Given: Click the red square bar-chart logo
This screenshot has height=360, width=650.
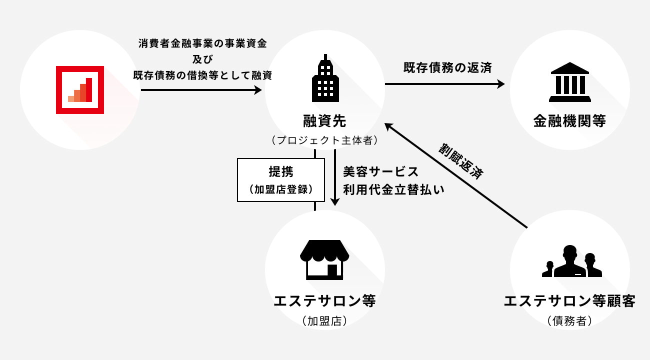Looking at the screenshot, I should [x=80, y=90].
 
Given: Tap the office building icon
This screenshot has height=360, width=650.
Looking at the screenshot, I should [x=324, y=77].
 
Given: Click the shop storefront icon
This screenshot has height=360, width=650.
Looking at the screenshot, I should [x=324, y=259].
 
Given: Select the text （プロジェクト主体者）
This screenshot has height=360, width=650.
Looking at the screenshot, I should [x=324, y=140].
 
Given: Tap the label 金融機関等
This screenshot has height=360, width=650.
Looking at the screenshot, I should [x=569, y=121].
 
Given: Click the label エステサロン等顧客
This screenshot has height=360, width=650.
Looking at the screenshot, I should [x=569, y=301].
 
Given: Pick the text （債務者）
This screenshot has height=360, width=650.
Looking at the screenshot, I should [x=569, y=321].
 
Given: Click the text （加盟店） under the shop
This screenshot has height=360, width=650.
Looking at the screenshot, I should [x=324, y=321].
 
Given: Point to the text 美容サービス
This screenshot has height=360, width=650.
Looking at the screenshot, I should [x=380, y=171].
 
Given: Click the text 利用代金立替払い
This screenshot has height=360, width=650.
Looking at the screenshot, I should [x=393, y=190].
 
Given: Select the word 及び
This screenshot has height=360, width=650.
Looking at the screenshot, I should [x=202, y=59].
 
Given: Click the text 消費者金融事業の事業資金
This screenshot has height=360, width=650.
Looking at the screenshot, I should [x=202, y=43].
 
